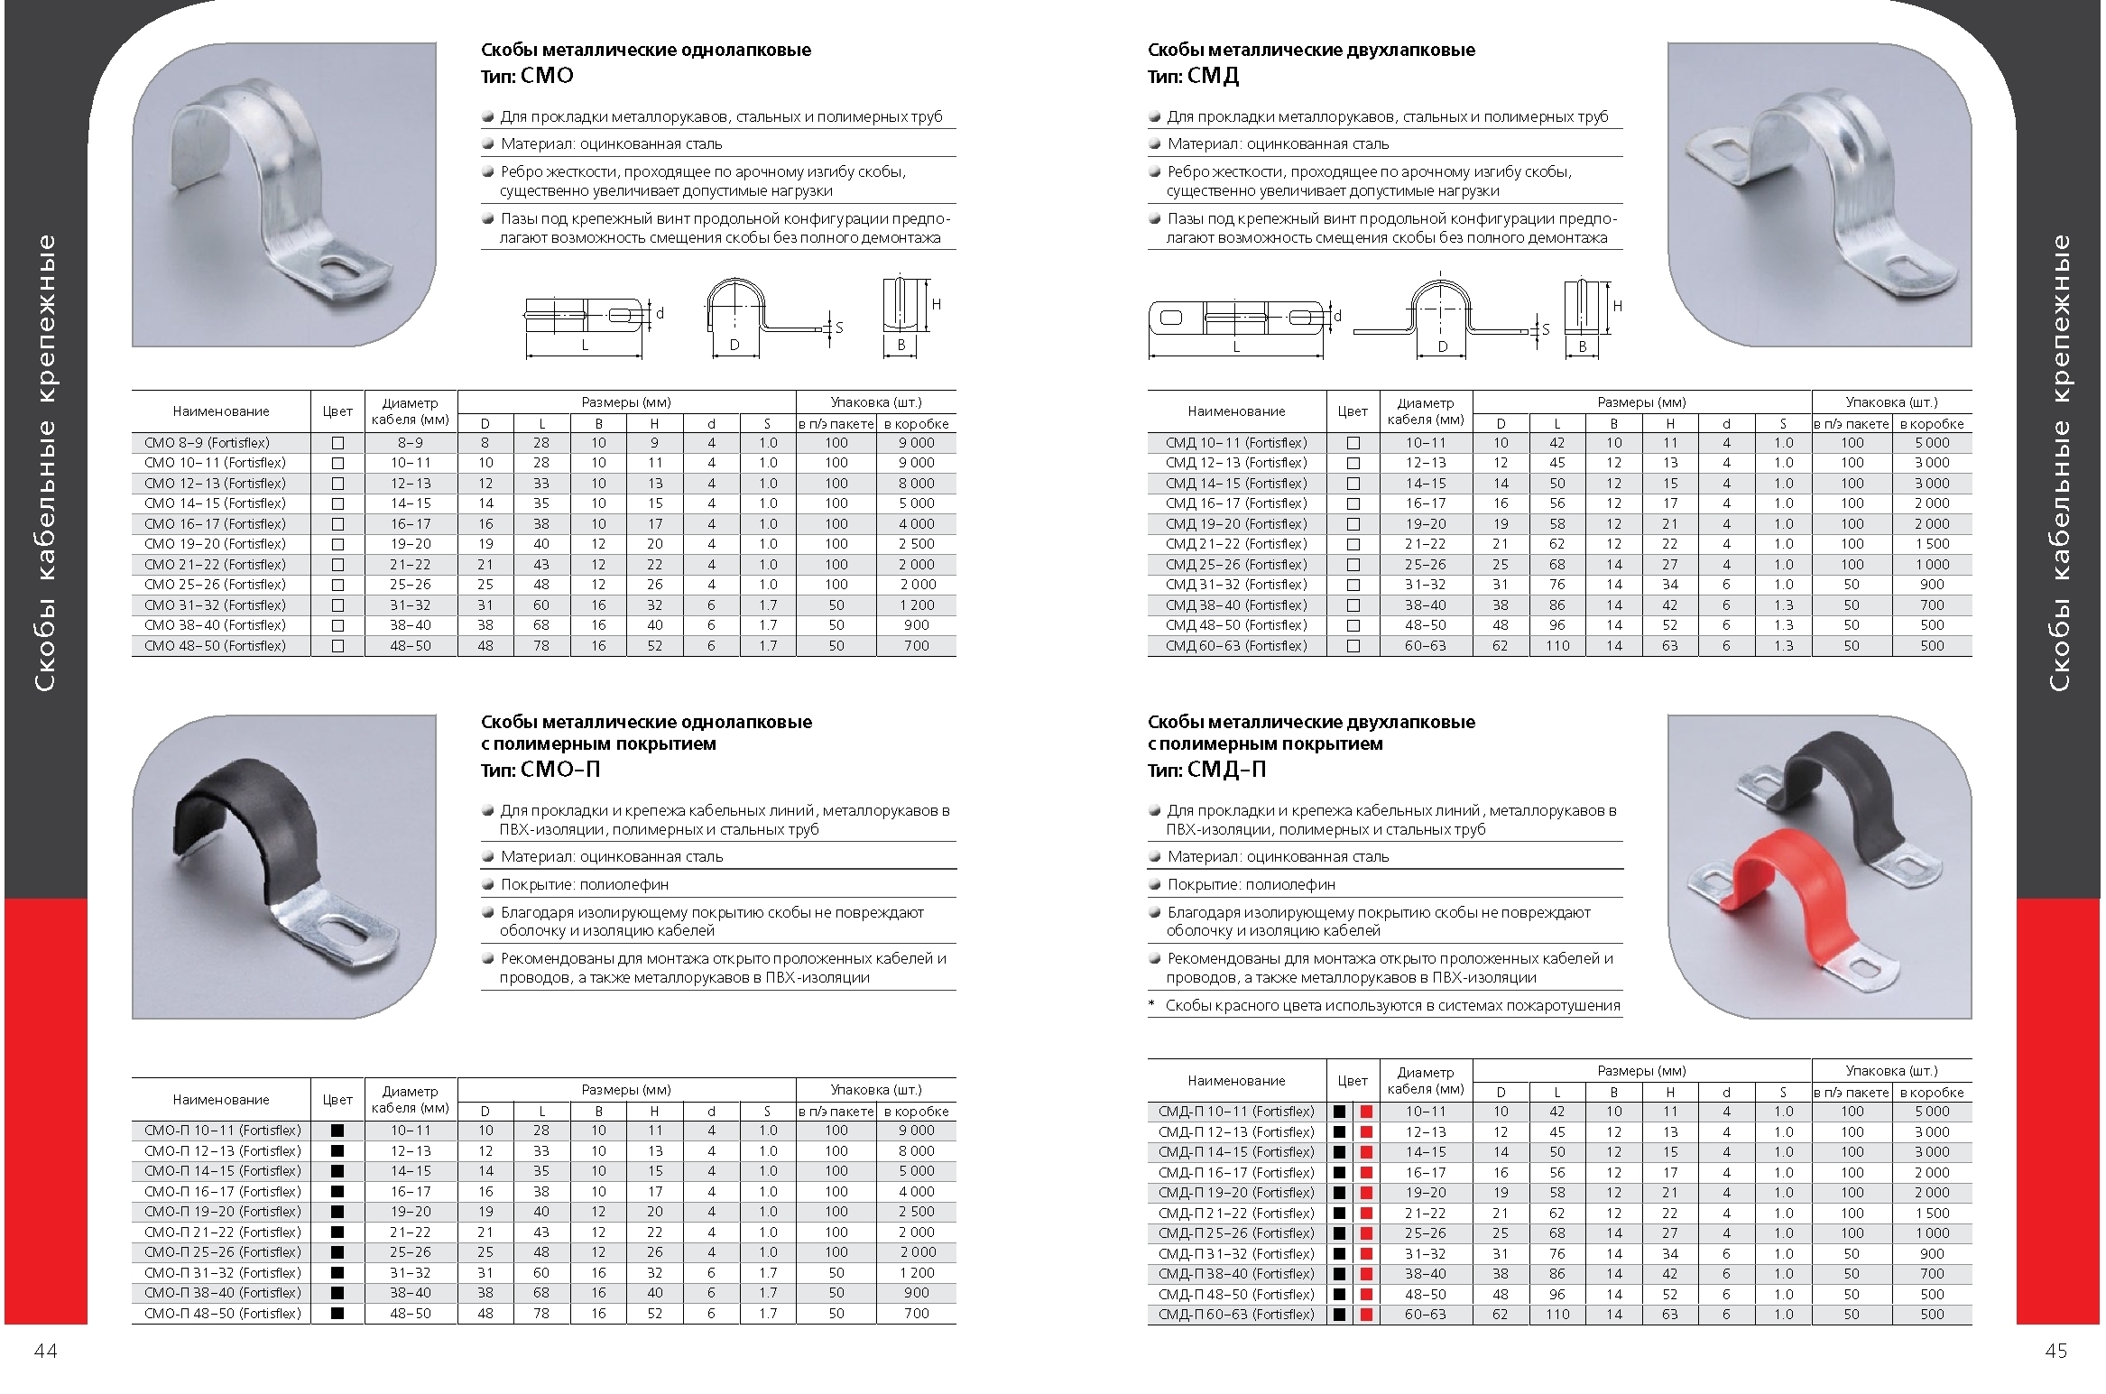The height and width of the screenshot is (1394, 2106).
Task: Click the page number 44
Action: [x=45, y=1351]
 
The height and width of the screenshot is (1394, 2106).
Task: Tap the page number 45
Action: [x=2056, y=1351]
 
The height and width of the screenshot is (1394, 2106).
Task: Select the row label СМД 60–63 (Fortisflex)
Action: [x=1236, y=646]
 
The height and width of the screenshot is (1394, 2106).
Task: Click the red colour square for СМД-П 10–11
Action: [x=1366, y=1112]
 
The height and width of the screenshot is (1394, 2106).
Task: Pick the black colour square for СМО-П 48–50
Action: [x=337, y=1314]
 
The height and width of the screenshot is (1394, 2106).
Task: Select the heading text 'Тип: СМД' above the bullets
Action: [x=1193, y=77]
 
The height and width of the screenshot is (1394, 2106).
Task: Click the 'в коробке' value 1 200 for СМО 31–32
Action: [x=916, y=605]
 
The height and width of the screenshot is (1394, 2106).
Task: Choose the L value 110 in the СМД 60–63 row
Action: [x=1557, y=646]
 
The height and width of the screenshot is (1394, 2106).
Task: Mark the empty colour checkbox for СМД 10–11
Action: [x=1353, y=443]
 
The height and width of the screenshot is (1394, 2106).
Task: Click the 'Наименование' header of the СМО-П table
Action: [x=221, y=1100]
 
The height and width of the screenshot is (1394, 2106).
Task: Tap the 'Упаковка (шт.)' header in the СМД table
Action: [x=1891, y=402]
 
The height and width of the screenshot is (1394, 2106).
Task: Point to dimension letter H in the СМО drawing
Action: [x=937, y=305]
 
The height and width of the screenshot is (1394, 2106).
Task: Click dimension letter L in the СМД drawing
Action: [x=1236, y=346]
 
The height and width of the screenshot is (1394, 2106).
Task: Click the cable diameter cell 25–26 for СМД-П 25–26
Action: [x=1425, y=1233]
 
